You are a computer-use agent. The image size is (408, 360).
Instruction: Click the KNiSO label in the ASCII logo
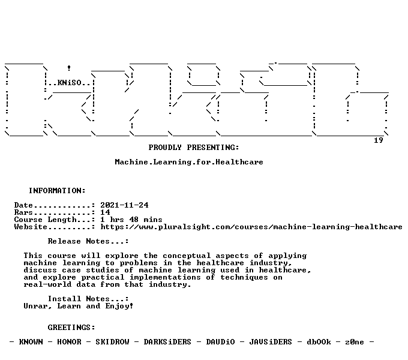point(70,83)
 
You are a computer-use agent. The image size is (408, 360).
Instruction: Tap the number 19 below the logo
point(379,140)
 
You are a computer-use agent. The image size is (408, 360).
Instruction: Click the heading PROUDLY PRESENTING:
point(194,148)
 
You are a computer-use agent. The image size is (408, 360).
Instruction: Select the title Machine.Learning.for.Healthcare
point(189,162)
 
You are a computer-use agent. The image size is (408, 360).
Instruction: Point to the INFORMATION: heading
point(57,191)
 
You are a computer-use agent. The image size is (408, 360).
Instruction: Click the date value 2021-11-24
point(124,205)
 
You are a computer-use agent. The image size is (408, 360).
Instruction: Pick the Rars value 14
point(105,212)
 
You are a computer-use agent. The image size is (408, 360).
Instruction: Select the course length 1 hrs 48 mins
point(131,220)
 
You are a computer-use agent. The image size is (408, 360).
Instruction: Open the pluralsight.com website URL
point(251,227)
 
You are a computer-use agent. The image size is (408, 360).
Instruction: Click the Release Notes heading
point(88,241)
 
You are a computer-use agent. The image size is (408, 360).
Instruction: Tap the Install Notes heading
point(88,299)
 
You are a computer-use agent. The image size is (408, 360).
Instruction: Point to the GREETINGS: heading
point(71,327)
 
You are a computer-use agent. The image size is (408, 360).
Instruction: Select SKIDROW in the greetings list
point(112,342)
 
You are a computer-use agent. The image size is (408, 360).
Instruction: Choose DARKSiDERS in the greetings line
point(167,342)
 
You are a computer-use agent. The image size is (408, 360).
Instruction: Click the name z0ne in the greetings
point(355,342)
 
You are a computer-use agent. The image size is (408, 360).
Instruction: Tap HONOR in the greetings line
point(69,342)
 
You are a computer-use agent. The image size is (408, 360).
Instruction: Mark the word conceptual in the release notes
point(187,256)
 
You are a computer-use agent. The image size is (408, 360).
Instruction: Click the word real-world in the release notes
point(47,284)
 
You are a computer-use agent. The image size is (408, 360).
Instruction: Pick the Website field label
point(31,227)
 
